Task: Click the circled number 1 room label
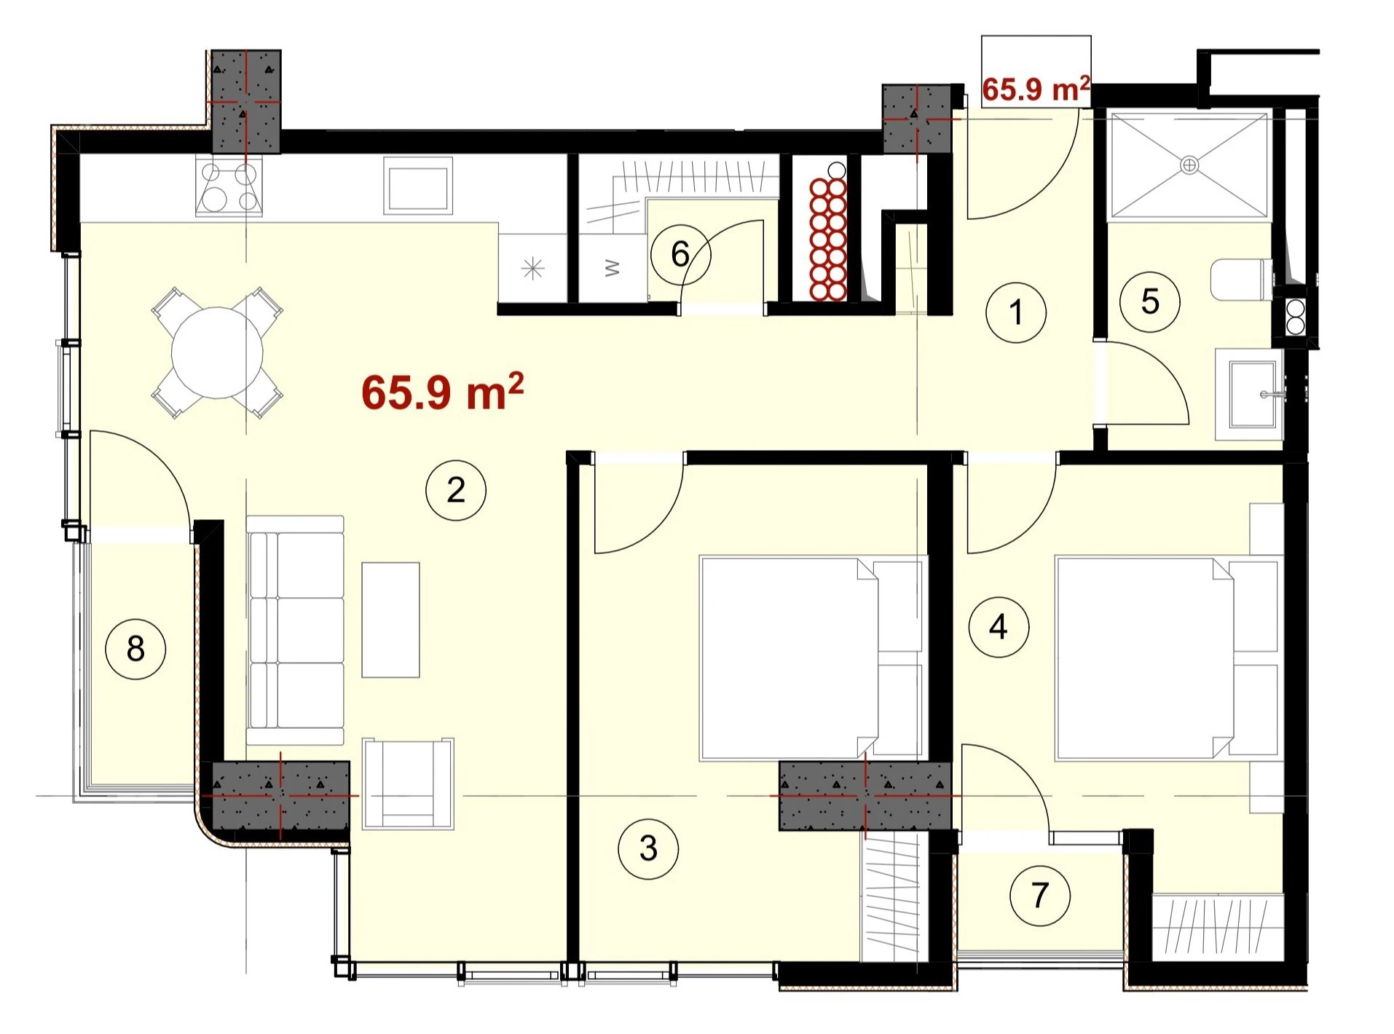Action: [1016, 312]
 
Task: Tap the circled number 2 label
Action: [456, 490]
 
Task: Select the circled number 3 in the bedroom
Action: [648, 848]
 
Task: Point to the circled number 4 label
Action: [999, 627]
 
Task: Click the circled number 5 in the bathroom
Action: [1150, 301]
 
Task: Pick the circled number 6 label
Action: [680, 254]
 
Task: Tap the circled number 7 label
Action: [1040, 895]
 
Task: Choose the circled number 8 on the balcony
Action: [135, 648]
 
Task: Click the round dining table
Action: [217, 352]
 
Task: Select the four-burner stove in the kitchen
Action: [229, 187]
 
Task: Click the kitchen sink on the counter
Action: [418, 186]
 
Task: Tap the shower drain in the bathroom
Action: [1189, 165]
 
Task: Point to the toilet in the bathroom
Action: [1243, 280]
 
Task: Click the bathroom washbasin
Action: [1250, 394]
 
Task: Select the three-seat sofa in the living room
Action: [295, 630]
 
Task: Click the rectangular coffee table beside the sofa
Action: [391, 620]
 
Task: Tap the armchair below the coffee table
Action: [409, 784]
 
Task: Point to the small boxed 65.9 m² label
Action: [1036, 88]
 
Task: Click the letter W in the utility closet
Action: [613, 268]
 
